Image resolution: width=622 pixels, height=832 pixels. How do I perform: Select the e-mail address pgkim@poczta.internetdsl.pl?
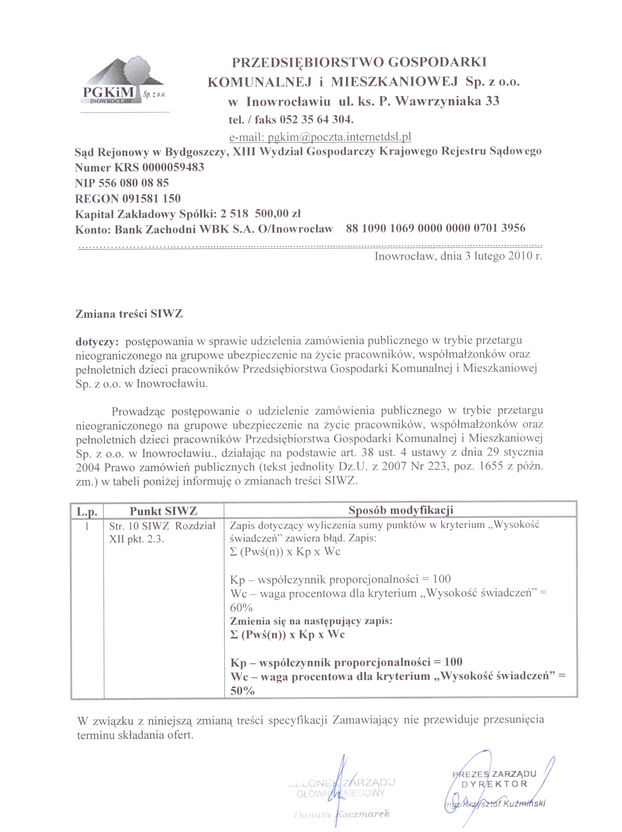tap(320, 137)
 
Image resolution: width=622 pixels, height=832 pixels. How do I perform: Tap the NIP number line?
tap(122, 183)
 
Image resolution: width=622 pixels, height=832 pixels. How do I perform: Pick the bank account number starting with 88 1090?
tap(435, 228)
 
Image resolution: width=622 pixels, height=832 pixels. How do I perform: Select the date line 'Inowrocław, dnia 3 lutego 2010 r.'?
tap(458, 256)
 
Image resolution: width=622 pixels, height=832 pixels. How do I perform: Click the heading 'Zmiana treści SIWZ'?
tap(129, 314)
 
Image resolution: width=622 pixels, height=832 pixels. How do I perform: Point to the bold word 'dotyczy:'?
tap(97, 342)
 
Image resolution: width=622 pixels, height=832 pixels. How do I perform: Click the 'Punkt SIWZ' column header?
tap(163, 511)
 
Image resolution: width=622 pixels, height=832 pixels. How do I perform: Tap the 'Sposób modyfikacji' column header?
tap(400, 510)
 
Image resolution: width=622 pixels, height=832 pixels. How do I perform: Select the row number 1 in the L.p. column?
tap(87, 526)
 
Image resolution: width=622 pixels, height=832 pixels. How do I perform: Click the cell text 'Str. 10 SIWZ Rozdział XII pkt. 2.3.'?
tap(163, 532)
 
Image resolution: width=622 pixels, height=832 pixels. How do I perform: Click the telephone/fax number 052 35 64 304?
tap(316, 120)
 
